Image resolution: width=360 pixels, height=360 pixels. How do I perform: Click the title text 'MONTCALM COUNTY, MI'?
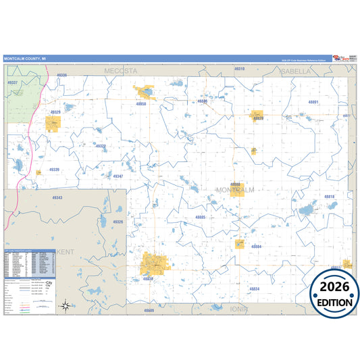25,59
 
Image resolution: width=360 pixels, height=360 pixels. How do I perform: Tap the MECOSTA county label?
120,70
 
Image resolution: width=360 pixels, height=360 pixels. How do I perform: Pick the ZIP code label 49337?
12,82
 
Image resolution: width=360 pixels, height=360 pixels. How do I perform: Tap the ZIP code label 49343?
57,198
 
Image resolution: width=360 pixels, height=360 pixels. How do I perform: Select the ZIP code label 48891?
313,102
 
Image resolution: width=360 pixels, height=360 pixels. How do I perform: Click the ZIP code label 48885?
200,217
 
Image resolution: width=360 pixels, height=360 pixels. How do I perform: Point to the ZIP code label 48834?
254,288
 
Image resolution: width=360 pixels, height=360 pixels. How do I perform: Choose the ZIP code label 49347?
118,176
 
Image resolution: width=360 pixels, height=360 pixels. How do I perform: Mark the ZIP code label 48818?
329,197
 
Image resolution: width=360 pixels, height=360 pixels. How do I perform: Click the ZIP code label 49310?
239,69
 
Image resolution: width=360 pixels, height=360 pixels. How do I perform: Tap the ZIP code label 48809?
149,310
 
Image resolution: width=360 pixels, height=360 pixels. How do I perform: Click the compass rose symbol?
65,305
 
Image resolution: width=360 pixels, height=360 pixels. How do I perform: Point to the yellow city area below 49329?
53,123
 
